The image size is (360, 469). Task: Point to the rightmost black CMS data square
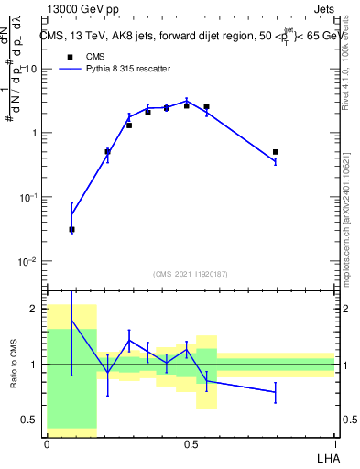276,152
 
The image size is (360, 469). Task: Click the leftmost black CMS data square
72,230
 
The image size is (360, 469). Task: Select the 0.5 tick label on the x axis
191,443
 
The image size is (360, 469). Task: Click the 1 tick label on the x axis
334,443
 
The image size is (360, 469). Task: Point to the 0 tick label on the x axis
47,443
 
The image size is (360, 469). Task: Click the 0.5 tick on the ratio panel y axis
30,420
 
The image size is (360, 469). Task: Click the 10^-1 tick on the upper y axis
27,197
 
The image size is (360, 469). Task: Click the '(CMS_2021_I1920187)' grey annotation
191,273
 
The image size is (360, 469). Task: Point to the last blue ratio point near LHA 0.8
276,392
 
